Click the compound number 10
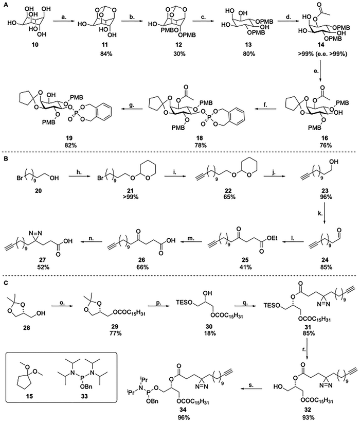pyautogui.click(x=35, y=44)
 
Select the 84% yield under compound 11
pyautogui.click(x=105, y=54)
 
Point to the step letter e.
pyautogui.click(x=317, y=72)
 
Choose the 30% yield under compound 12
pyautogui.click(x=179, y=54)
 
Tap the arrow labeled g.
pyautogui.click(x=132, y=109)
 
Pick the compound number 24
pyautogui.click(x=326, y=261)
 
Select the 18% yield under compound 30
pyautogui.click(x=209, y=333)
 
